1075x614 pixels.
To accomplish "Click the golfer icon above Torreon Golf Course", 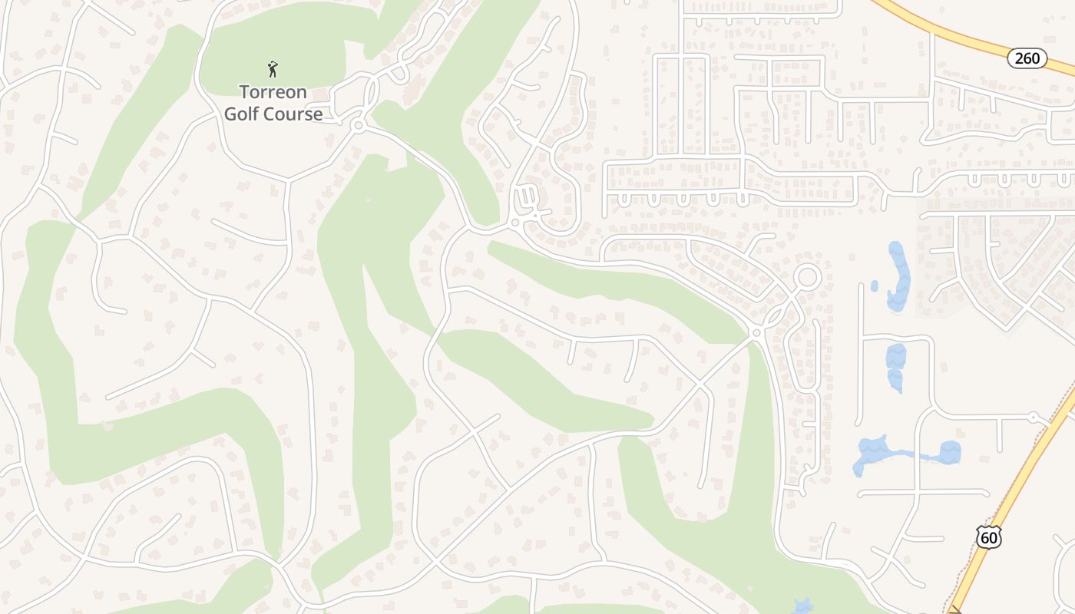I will tap(273, 70).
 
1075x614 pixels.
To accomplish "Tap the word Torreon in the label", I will tap(273, 92).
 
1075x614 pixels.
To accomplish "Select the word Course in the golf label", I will tap(293, 114).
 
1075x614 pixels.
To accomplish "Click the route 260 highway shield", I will tap(1027, 58).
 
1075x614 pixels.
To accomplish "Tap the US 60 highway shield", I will tap(989, 537).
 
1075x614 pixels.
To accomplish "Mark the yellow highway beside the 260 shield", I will tap(960, 35).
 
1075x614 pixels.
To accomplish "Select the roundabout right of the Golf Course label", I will tap(357, 124).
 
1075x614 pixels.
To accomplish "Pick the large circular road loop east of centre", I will tap(807, 276).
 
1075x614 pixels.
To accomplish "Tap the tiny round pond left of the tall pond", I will tap(875, 286).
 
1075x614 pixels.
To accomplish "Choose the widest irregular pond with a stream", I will tap(873, 454).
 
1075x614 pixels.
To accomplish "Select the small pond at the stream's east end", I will tap(950, 452).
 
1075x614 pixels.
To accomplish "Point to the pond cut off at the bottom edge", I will tap(803, 607).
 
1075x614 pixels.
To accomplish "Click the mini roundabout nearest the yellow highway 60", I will tap(1034, 418).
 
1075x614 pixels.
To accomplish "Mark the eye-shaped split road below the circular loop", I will tap(776, 314).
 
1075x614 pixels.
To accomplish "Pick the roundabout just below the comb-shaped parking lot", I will tap(516, 223).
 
